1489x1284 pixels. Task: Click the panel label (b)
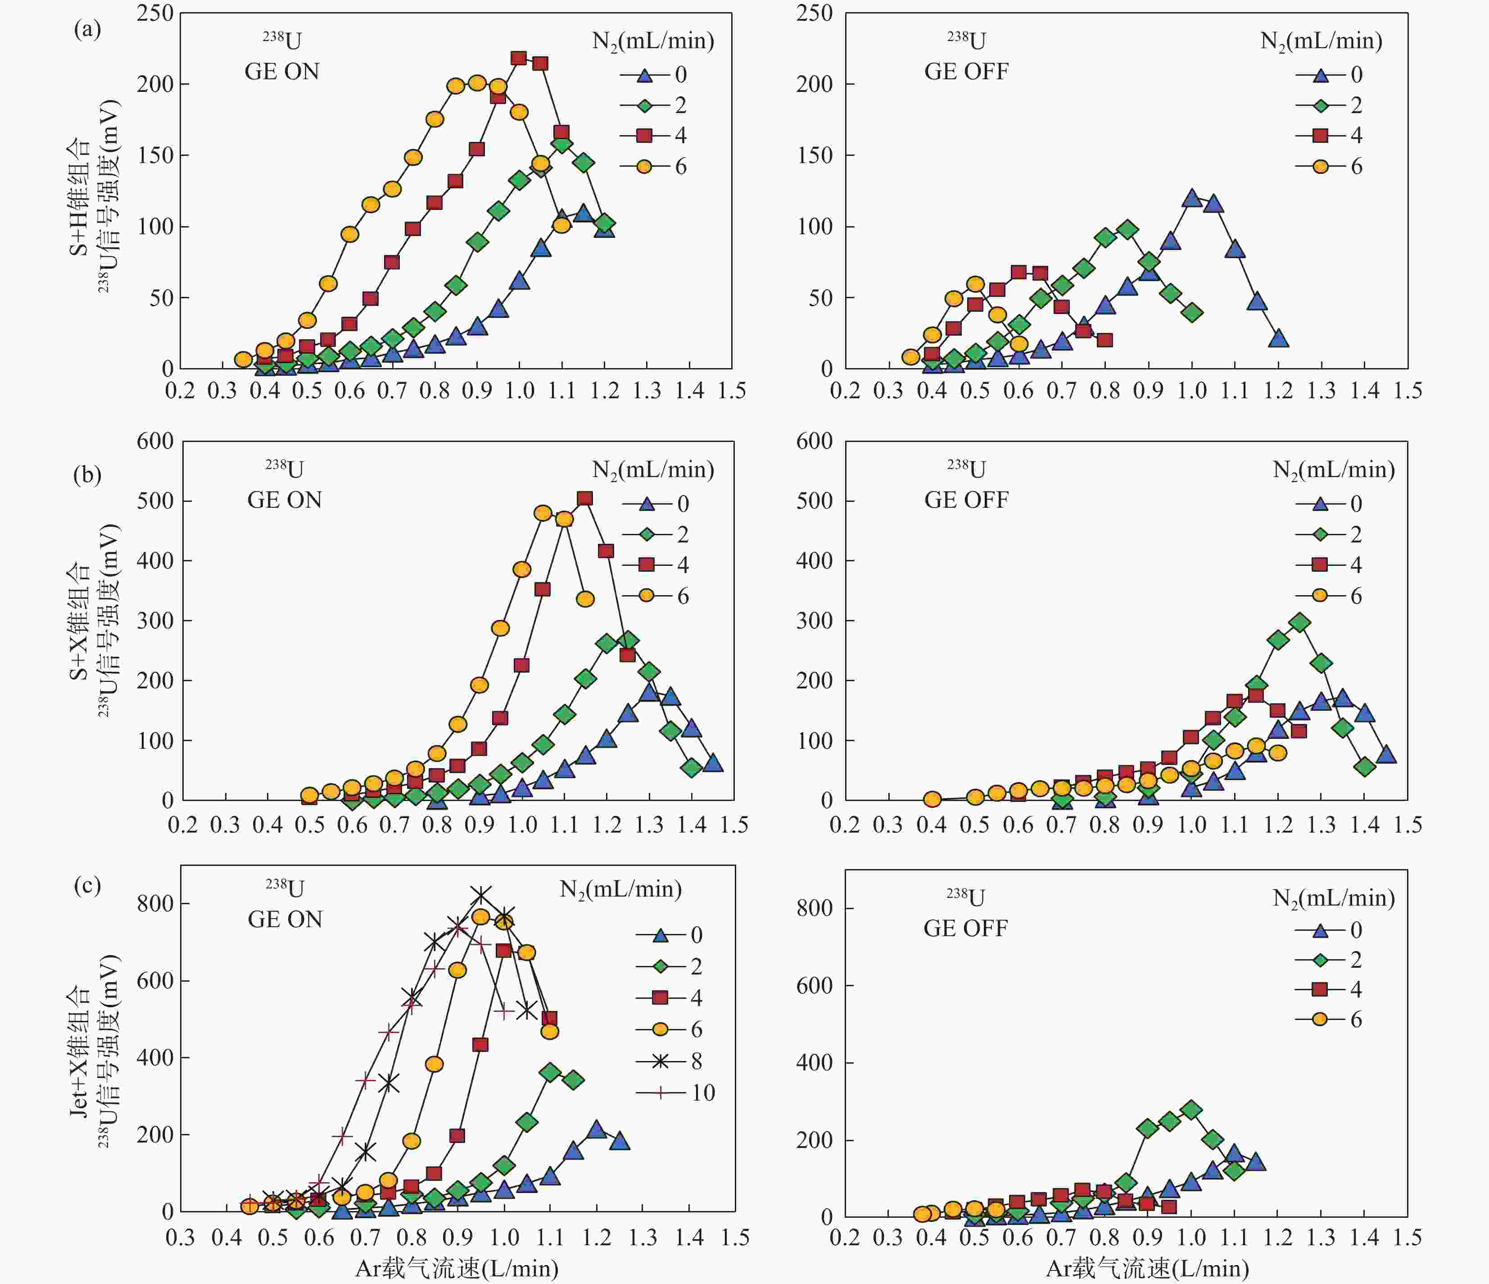pyautogui.click(x=87, y=475)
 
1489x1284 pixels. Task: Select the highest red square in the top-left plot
pyautogui.click(x=518, y=58)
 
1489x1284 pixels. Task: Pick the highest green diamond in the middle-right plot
pyautogui.click(x=1299, y=623)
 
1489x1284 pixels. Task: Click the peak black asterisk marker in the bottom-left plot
pyautogui.click(x=481, y=895)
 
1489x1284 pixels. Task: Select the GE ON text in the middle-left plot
pyautogui.click(x=285, y=501)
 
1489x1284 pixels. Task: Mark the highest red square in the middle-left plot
pyautogui.click(x=585, y=498)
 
